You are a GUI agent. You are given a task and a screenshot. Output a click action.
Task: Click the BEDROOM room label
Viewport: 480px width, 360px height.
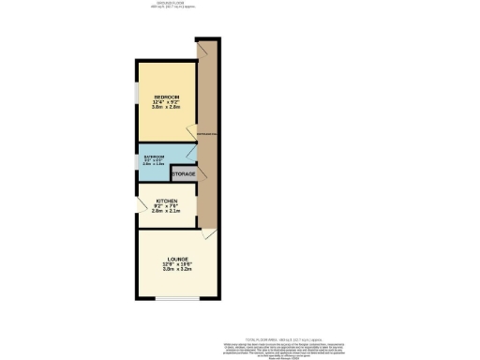tap(166, 97)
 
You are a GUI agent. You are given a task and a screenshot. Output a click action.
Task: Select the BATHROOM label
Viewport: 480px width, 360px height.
tap(155, 156)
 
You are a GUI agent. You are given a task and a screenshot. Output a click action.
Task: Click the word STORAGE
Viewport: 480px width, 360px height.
tap(184, 174)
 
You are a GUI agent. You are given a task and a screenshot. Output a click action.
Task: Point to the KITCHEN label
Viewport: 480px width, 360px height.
tap(167, 201)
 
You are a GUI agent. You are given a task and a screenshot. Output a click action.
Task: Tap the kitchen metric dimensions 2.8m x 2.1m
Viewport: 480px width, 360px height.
tap(167, 212)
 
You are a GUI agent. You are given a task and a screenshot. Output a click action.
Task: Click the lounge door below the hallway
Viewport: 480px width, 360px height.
tap(211, 235)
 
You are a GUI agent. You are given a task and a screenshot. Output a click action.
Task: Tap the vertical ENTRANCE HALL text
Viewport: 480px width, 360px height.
tap(205, 141)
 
